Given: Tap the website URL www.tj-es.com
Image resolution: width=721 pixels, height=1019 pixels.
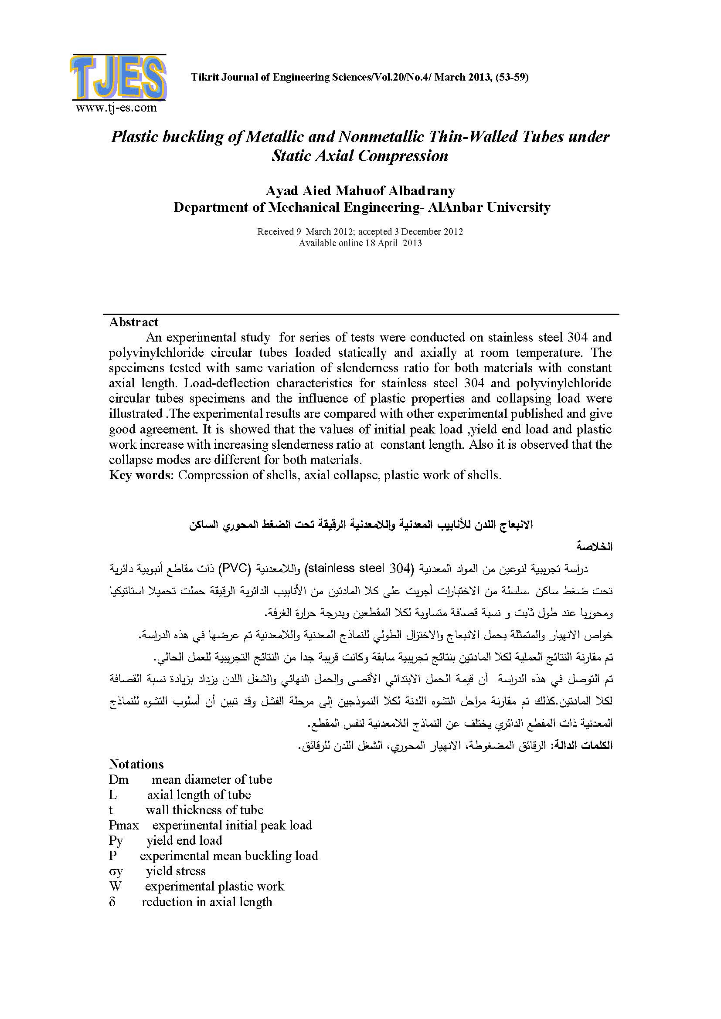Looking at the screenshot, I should click(x=116, y=108).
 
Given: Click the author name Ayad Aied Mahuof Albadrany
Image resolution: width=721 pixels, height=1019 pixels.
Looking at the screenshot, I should click(x=360, y=191).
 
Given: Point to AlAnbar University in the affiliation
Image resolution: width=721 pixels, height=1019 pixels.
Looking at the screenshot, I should click(x=489, y=207).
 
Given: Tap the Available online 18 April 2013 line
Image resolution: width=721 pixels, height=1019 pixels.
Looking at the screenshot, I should click(x=360, y=243).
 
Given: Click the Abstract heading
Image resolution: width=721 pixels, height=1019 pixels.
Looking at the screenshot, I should click(x=134, y=322).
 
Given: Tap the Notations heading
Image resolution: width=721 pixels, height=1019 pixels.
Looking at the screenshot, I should click(x=136, y=764).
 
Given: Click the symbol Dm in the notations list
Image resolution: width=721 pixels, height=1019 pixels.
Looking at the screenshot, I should click(x=119, y=780).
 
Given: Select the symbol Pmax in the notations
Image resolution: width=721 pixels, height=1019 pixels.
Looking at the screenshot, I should click(x=124, y=826).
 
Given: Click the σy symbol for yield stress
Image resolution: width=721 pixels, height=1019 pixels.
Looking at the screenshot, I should click(x=116, y=871).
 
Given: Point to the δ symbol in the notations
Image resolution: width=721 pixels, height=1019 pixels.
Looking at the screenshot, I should click(x=112, y=902).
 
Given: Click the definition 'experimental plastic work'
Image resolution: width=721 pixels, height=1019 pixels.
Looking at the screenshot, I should click(x=214, y=886).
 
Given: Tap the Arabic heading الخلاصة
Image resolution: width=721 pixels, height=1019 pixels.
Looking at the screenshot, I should click(x=595, y=547).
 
